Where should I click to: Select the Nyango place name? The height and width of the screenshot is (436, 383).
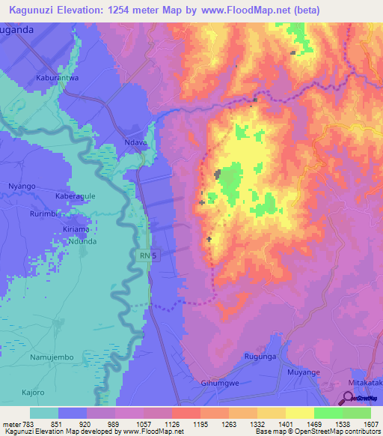[22, 185]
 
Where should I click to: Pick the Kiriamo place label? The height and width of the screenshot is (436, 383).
[76, 229]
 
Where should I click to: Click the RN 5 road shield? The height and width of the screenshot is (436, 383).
[149, 256]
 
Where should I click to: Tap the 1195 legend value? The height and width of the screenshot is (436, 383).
[199, 425]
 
